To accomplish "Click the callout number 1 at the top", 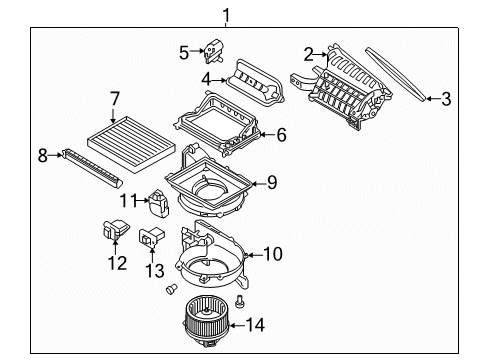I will pyautogui.click(x=226, y=14).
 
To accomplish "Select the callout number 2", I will pyautogui.click(x=310, y=53).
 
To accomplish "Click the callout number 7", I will pyautogui.click(x=115, y=98).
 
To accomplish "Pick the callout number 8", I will pyautogui.click(x=42, y=155).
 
